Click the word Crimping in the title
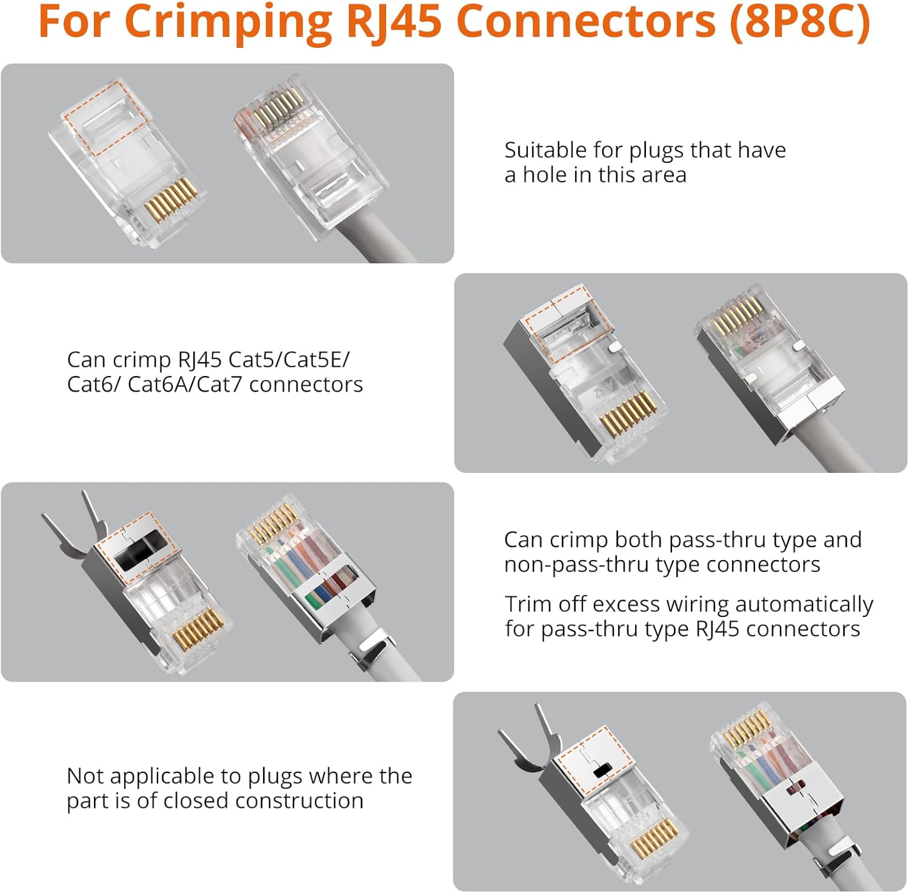pos(228,21)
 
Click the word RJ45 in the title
pos(393,21)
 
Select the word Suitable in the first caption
pos(545,150)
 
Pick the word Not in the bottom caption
pos(84,776)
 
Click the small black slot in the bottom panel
pos(602,771)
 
